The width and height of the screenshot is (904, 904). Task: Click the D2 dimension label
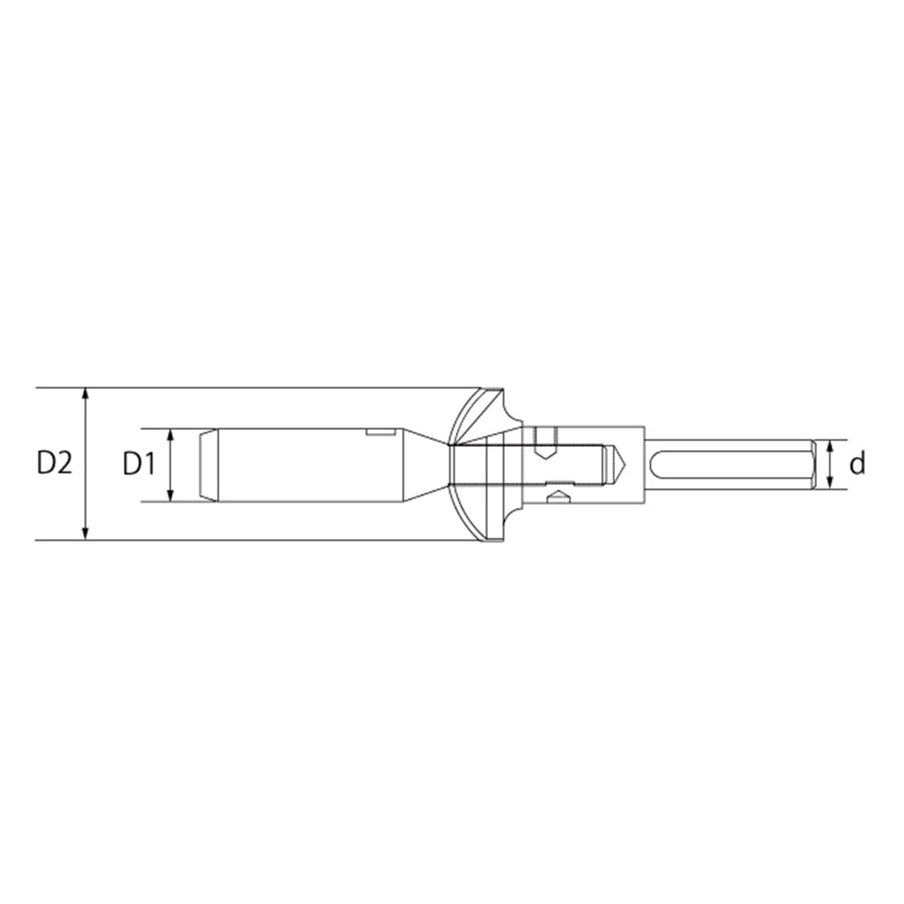[54, 464]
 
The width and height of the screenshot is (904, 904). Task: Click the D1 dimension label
[139, 464]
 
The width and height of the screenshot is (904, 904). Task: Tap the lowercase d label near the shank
[857, 464]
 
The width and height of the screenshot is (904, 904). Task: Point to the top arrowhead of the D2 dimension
[85, 393]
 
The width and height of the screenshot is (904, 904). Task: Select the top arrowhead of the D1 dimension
[171, 434]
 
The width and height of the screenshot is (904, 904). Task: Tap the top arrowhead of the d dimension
[829, 446]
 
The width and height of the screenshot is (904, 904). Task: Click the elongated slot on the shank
[730, 465]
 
